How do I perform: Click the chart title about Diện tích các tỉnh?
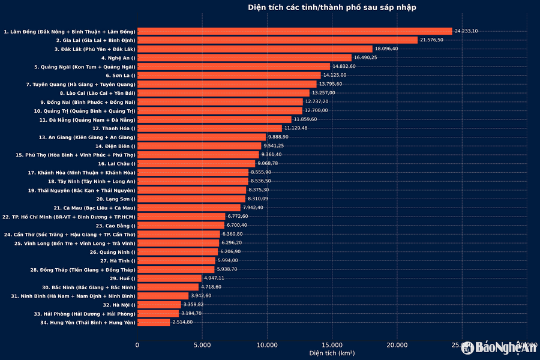tap(332, 7)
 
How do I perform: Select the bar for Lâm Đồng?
tap(294, 31)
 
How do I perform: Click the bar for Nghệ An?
tap(244, 58)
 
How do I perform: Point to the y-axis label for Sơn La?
tap(121, 76)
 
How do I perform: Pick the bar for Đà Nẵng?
tap(214, 119)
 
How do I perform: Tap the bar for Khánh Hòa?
tap(193, 172)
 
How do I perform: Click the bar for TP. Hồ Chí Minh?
tap(181, 217)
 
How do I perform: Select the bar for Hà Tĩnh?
tap(176, 260)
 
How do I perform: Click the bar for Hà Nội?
tap(159, 305)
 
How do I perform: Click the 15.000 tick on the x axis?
tap(332, 345)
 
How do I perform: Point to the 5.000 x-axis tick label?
tap(202, 345)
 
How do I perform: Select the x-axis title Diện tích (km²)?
tap(332, 354)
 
